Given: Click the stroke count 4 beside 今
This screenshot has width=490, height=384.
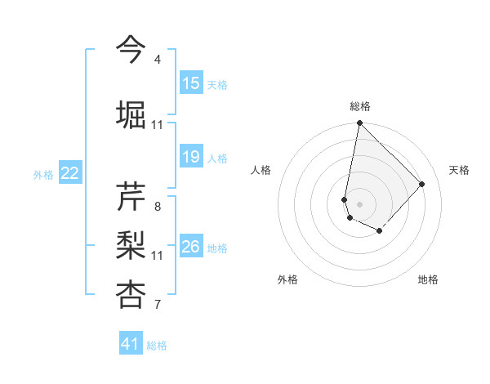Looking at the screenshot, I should point(158,60).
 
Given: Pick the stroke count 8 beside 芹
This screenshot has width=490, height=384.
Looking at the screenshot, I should point(158,207).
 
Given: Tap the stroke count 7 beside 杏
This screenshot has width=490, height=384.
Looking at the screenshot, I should point(158,306).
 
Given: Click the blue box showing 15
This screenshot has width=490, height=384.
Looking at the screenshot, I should point(191,83).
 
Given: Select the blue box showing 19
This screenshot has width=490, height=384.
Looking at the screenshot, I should point(191,157).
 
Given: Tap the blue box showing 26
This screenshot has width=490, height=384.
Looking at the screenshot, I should point(191,247).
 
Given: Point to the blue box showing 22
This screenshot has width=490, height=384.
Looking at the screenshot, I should point(70,173).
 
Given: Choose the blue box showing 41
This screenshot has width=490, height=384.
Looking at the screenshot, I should point(131,344).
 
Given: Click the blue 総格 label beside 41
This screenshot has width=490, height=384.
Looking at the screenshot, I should point(157,346).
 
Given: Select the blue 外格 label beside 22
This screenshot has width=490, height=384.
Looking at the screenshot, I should point(43,174).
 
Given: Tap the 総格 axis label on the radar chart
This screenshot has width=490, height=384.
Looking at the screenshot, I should point(359,106).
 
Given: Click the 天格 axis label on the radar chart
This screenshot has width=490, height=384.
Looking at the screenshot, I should point(459,170).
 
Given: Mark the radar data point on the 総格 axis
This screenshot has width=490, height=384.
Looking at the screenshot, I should point(359,123).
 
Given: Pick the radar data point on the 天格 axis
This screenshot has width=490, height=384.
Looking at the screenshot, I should point(422,184).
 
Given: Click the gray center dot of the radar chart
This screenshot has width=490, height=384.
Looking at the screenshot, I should point(359,203).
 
